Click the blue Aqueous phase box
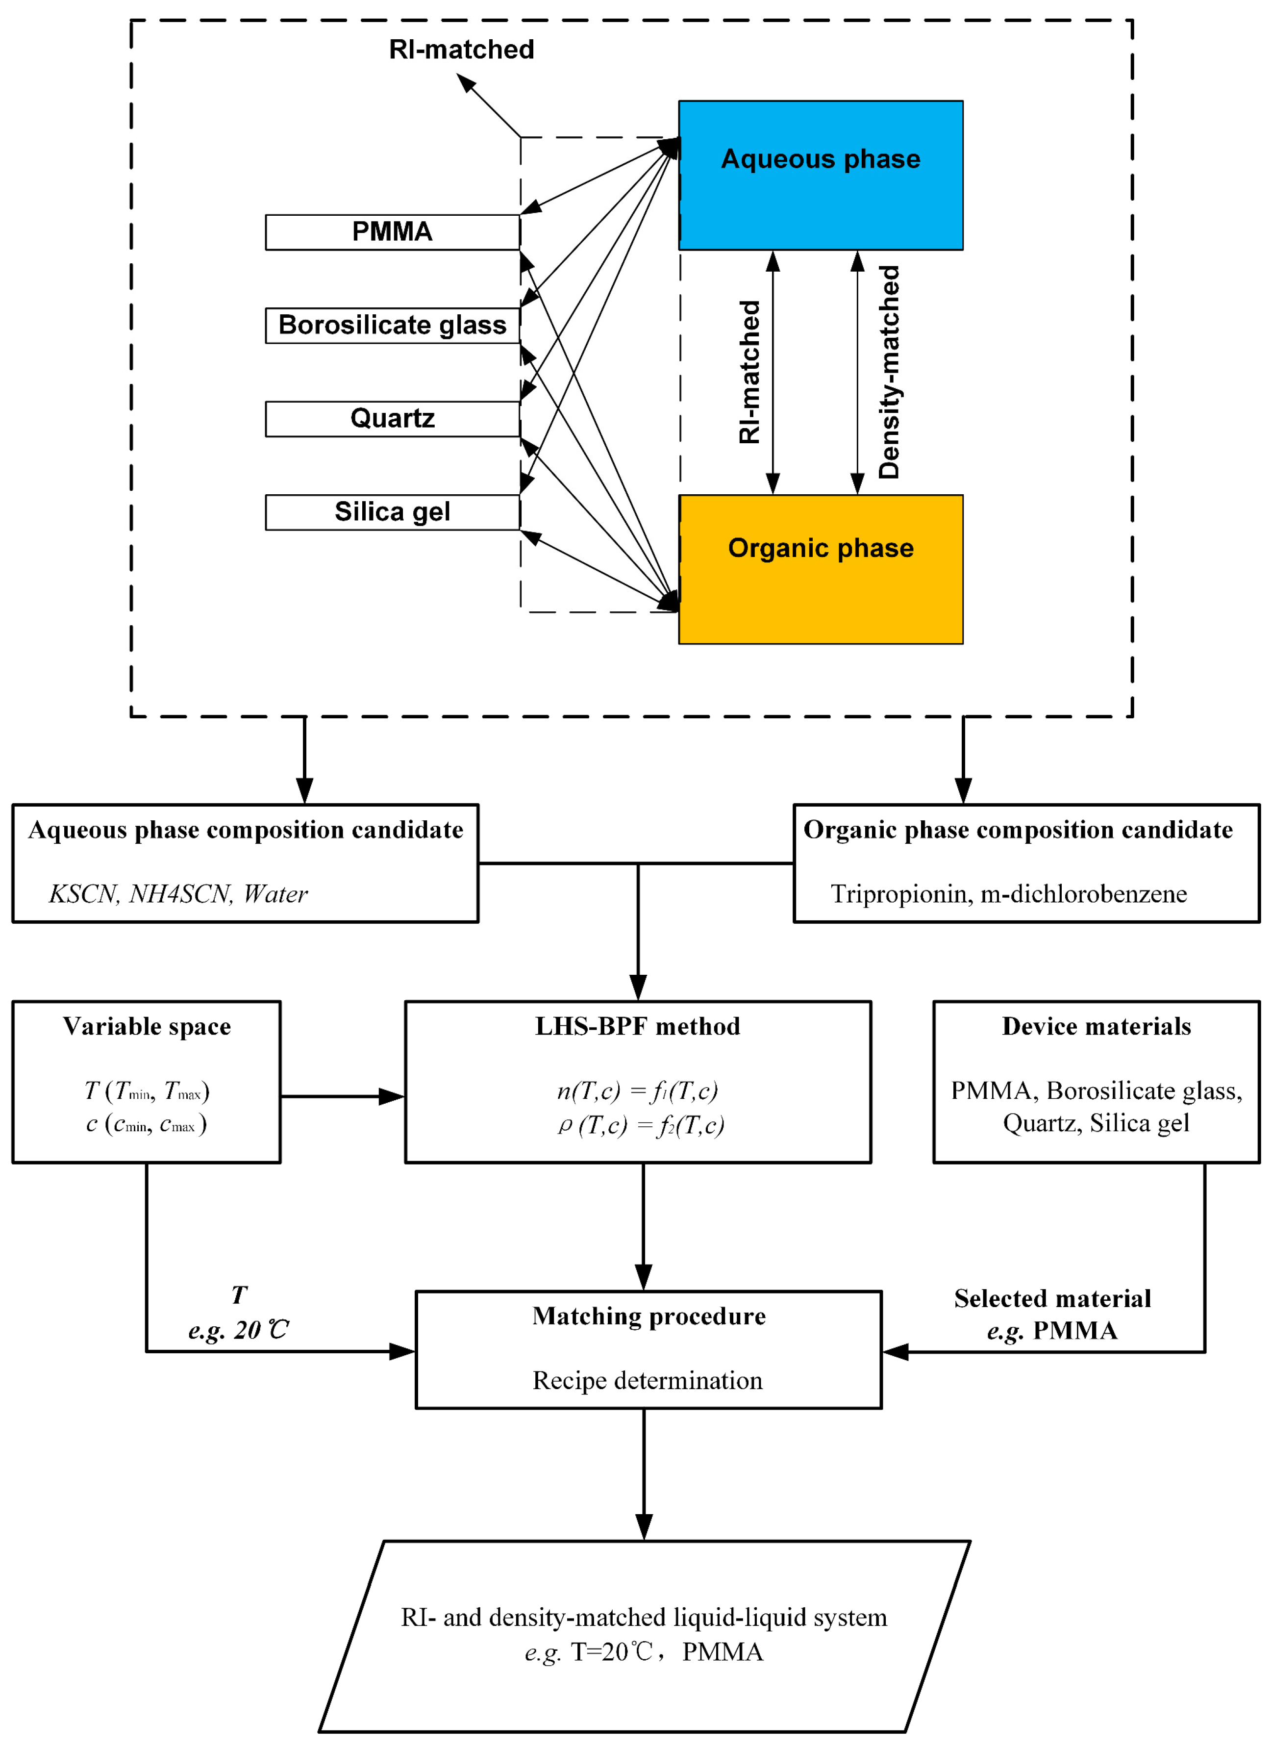coord(820,175)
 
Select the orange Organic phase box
coord(820,569)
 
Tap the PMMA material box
coord(393,232)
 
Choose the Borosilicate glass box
coord(393,326)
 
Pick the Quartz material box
coord(393,419)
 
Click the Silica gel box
coord(393,512)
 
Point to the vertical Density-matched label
coord(889,372)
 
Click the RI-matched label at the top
coord(461,50)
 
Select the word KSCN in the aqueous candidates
coord(82,893)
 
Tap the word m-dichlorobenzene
coord(1084,893)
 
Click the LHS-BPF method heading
coord(638,1026)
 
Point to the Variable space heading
coord(147,1026)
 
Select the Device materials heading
coord(1096,1026)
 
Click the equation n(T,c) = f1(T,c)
coord(637,1091)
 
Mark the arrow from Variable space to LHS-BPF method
coord(343,1096)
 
